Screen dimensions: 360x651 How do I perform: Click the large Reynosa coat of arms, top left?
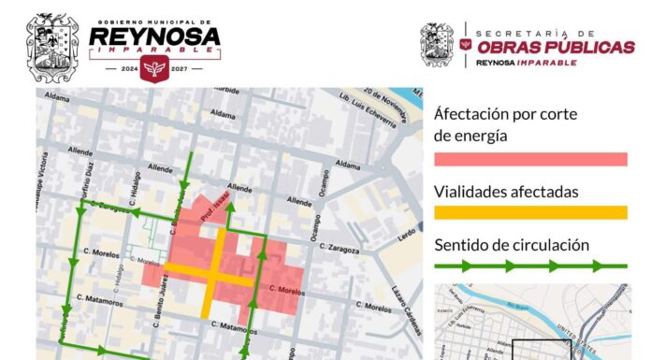[52, 48]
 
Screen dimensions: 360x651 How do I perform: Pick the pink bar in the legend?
[530, 158]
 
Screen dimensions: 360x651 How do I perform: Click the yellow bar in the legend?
[530, 212]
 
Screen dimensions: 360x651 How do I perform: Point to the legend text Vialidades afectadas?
[505, 192]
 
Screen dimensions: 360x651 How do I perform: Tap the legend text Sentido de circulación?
[512, 245]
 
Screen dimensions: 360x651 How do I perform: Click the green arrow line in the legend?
[530, 266]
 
